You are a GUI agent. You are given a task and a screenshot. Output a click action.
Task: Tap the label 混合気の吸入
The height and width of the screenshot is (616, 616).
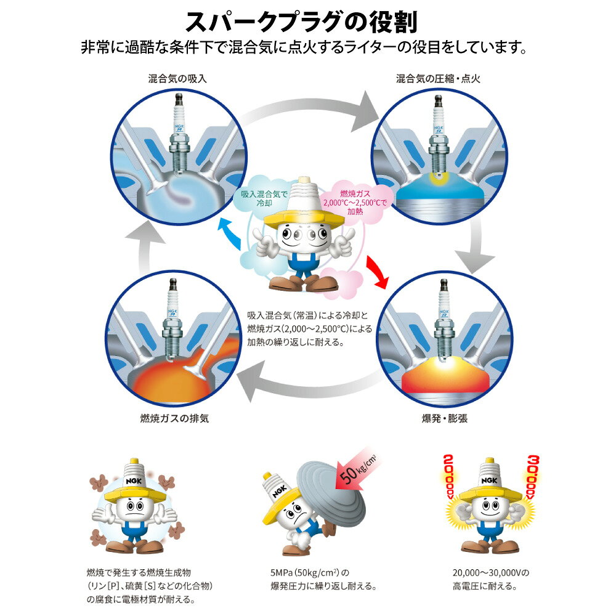point(177,79)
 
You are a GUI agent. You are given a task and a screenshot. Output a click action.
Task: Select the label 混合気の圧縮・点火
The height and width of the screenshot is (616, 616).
point(438,79)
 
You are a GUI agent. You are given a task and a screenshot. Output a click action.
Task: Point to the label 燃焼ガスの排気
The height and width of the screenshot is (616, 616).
point(174,418)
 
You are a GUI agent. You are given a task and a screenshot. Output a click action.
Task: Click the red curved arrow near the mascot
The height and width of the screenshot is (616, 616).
point(376,272)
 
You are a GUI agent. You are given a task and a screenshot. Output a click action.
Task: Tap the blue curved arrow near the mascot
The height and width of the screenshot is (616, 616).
point(230,233)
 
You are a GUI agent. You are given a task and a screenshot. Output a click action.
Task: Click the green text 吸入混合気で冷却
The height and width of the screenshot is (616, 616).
point(264,198)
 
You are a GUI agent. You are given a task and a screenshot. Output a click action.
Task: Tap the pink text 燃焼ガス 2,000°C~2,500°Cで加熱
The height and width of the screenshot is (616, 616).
point(355,203)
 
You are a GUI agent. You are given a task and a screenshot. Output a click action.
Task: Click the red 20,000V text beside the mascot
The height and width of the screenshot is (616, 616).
point(448,477)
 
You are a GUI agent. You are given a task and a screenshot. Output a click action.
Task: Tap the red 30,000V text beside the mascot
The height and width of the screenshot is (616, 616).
point(533,477)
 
